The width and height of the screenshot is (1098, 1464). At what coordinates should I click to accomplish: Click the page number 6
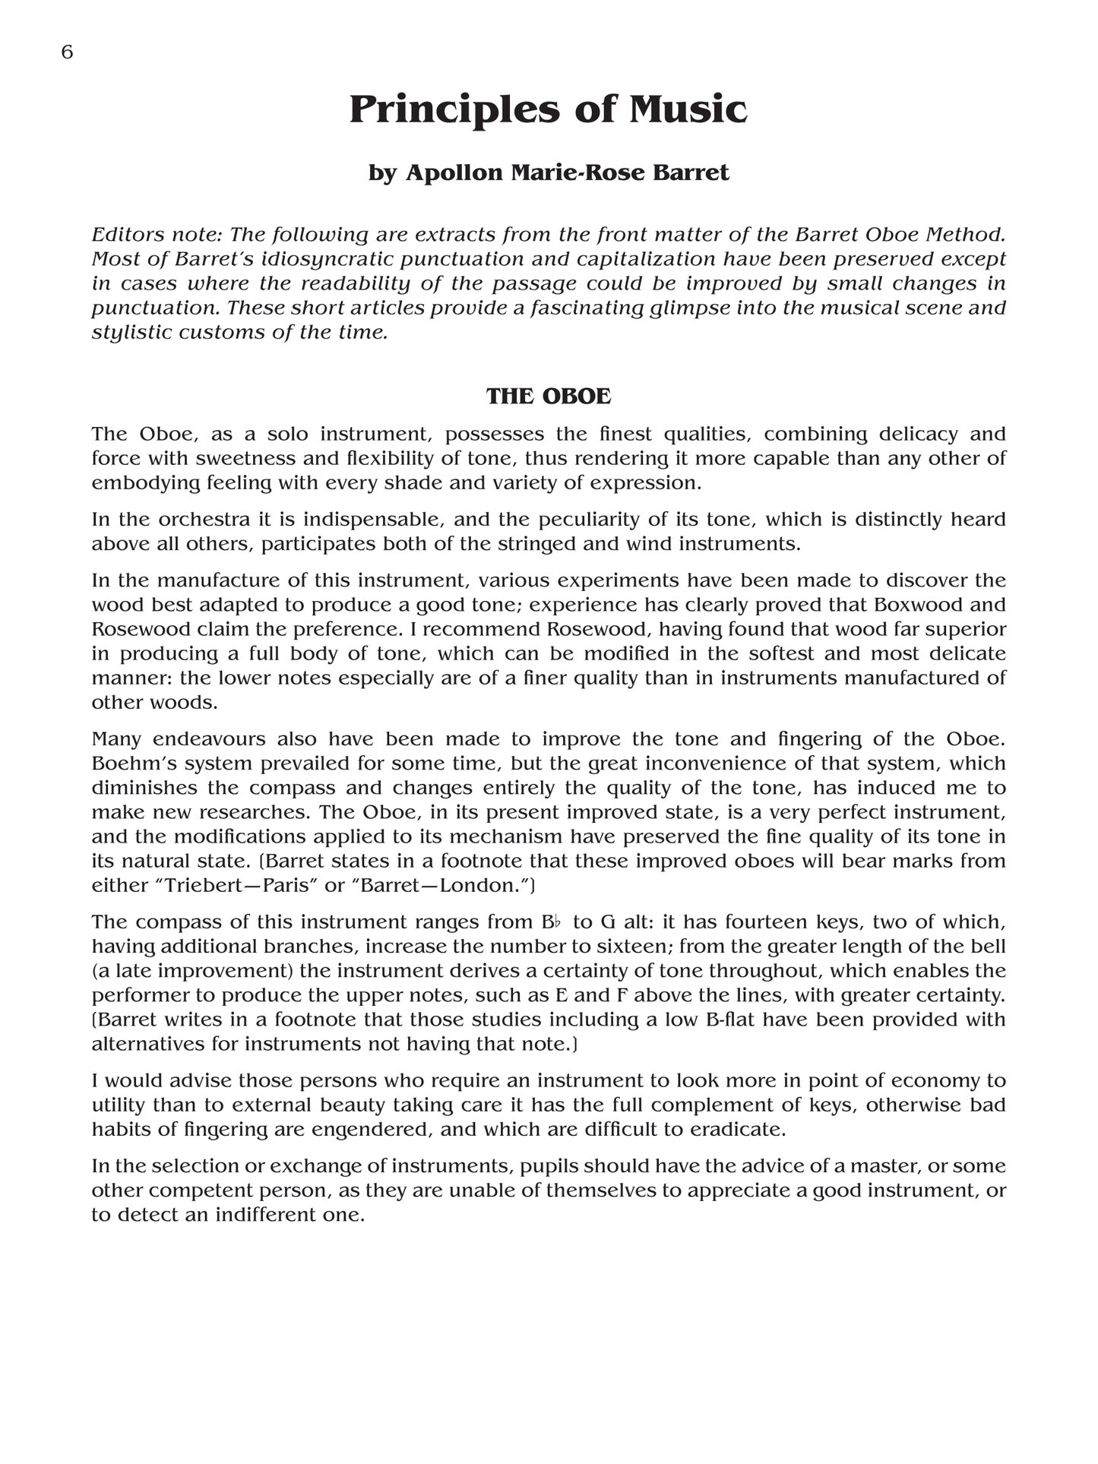point(67,52)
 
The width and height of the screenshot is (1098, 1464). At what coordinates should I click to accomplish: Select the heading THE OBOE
point(549,397)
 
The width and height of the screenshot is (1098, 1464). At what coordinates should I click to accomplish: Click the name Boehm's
point(130,764)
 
